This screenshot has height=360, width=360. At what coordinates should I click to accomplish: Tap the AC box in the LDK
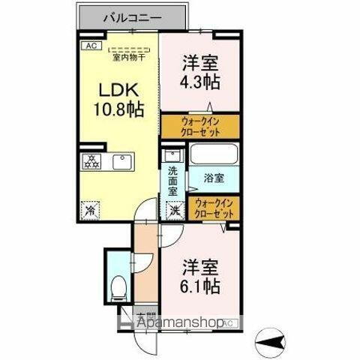pyautogui.click(x=91, y=45)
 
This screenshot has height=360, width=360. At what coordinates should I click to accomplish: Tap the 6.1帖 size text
pyautogui.click(x=199, y=286)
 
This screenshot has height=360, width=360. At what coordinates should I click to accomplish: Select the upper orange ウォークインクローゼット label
pyautogui.click(x=199, y=125)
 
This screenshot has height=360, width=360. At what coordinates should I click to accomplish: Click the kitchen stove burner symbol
pyautogui.click(x=91, y=161)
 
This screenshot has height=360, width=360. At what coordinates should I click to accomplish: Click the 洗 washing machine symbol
pyautogui.click(x=174, y=210)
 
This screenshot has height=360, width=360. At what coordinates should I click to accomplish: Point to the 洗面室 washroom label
pyautogui.click(x=173, y=181)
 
